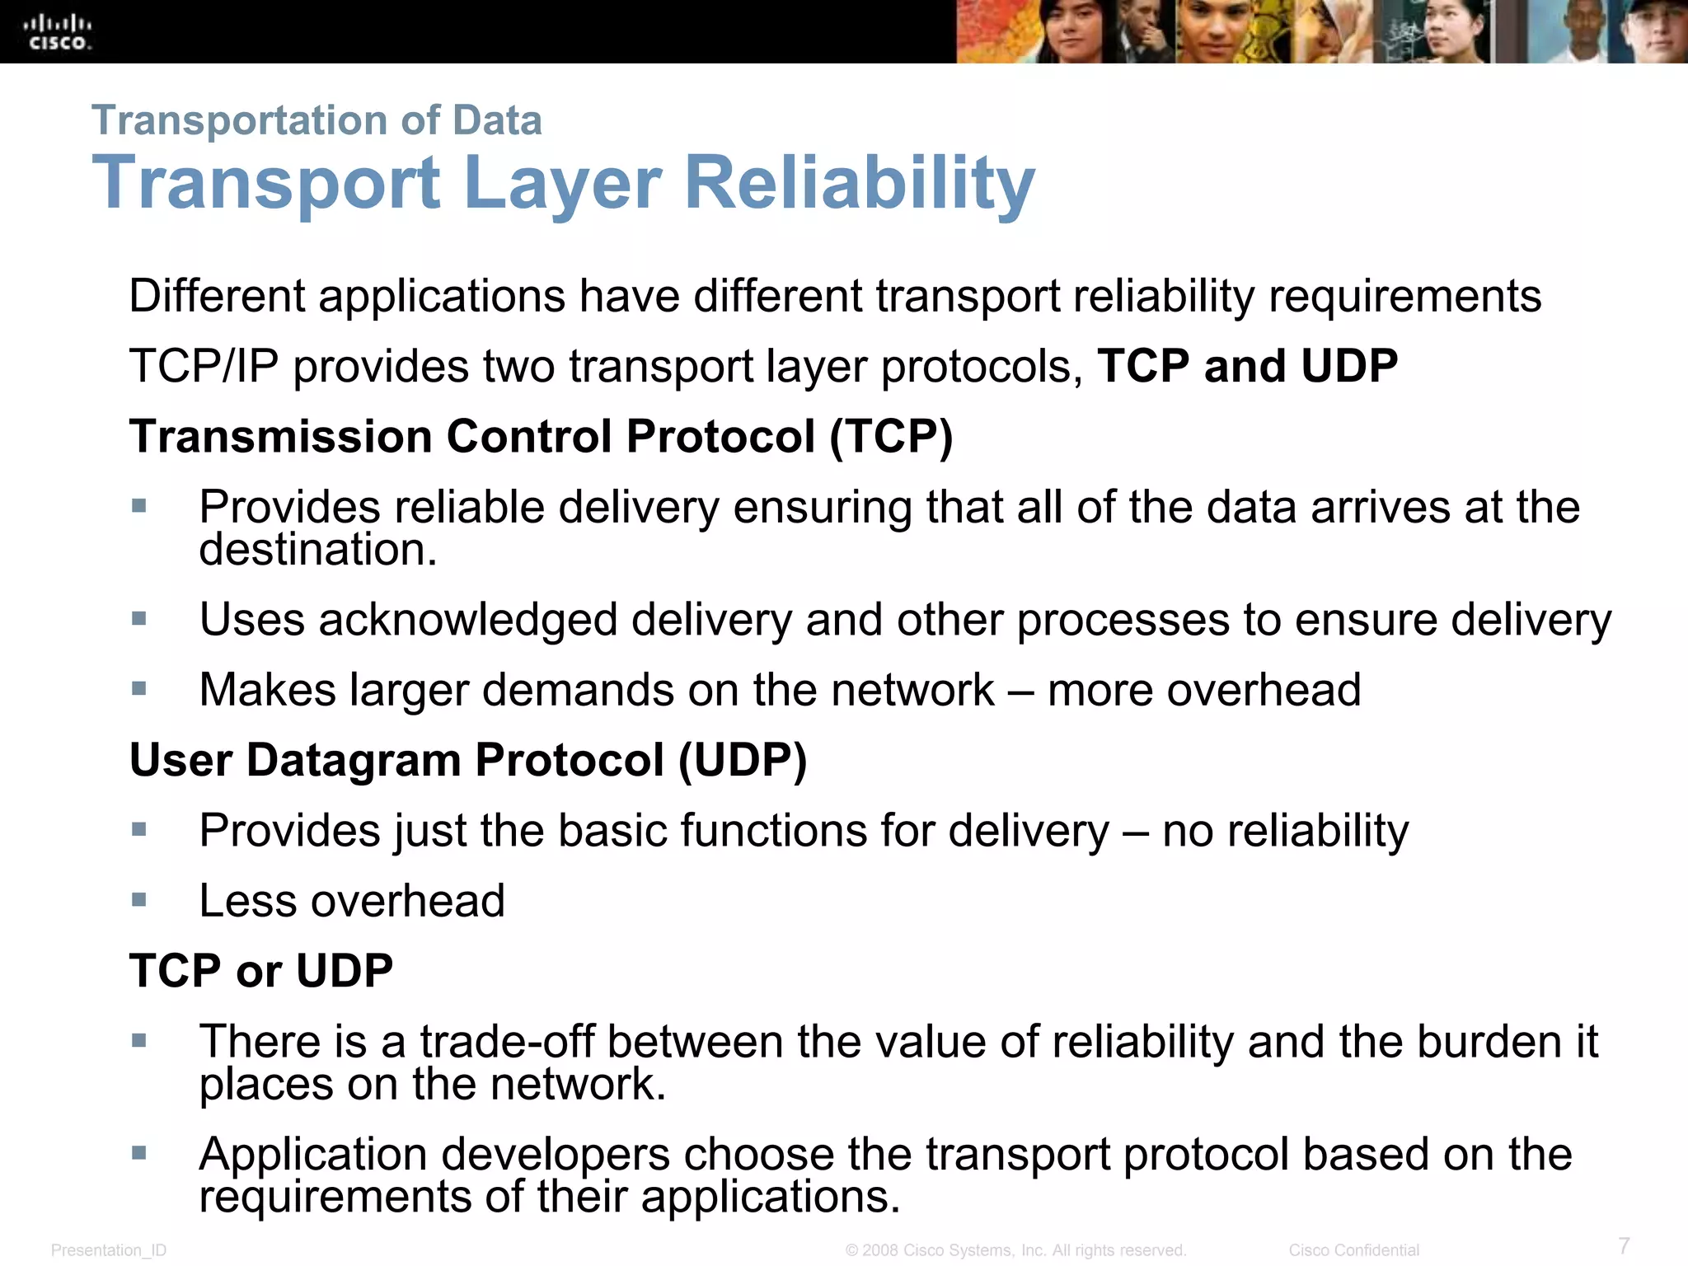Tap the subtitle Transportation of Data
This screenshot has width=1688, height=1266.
pos(316,120)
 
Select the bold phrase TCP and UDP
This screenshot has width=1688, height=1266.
pos(1247,366)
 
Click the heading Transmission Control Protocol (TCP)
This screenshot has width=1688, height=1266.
pos(541,436)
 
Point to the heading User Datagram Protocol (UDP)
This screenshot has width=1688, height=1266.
pos(467,759)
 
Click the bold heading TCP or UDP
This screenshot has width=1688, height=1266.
pos(260,970)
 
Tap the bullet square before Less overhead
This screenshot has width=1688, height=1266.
pos(139,899)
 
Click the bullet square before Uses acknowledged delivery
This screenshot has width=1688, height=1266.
pos(139,618)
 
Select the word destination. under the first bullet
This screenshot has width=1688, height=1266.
pos(317,550)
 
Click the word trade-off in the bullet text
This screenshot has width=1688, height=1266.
pos(507,1041)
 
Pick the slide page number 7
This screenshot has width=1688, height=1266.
pos(1624,1245)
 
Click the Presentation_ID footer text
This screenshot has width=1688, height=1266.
pos(109,1250)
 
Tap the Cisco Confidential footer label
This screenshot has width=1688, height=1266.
pos(1353,1250)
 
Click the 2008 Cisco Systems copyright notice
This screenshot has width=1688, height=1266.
pos(1015,1250)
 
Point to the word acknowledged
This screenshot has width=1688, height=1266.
pos(467,620)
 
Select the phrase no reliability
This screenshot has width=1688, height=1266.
pos(1285,830)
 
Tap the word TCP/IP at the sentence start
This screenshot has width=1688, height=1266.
pos(204,366)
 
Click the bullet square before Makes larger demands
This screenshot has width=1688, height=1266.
pos(139,688)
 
